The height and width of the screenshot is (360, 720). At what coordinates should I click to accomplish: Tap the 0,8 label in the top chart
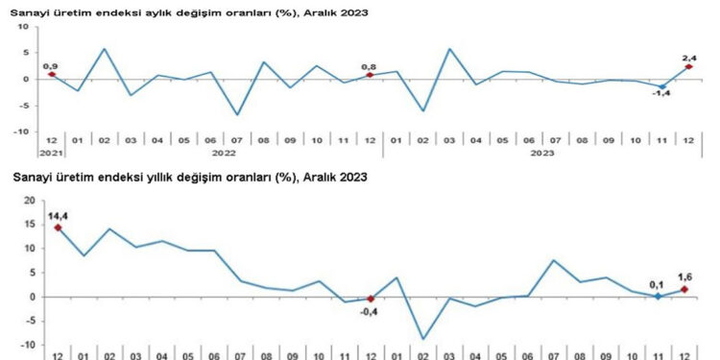click(x=369, y=66)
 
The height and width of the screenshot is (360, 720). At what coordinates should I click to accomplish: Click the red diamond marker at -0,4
click(x=371, y=299)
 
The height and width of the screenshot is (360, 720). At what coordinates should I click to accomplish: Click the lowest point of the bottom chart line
click(x=423, y=339)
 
